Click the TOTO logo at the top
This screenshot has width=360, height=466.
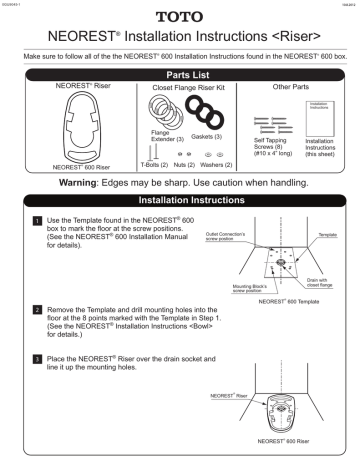(x=180, y=17)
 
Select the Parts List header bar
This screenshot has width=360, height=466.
(x=180, y=74)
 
